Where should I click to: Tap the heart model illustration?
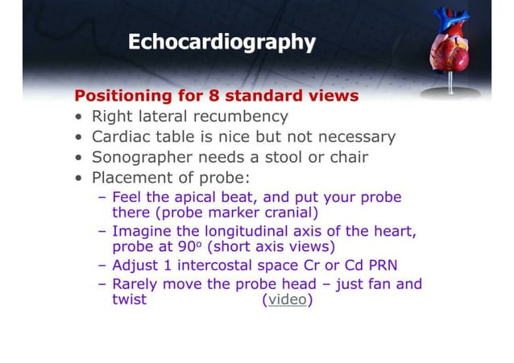click(x=447, y=44)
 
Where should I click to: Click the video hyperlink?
click(x=288, y=300)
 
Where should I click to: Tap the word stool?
click(x=283, y=157)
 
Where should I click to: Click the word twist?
click(x=129, y=300)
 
